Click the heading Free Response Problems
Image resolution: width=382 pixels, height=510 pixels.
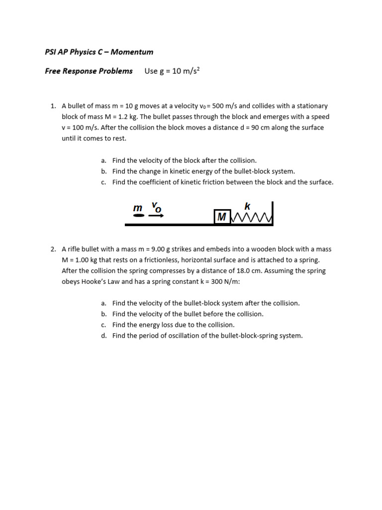(x=89, y=71)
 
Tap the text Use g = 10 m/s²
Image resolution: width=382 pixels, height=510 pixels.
(x=173, y=71)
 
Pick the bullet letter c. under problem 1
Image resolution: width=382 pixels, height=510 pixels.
(x=103, y=182)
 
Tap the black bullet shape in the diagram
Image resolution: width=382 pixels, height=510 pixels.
(x=139, y=216)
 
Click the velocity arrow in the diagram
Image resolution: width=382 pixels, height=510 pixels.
(x=156, y=216)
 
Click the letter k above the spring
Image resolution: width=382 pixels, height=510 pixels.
(x=247, y=206)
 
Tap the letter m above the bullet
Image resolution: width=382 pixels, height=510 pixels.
(x=138, y=208)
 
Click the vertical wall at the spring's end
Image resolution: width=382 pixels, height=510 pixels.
(x=272, y=213)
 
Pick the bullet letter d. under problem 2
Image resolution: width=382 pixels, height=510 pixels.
(x=103, y=336)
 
